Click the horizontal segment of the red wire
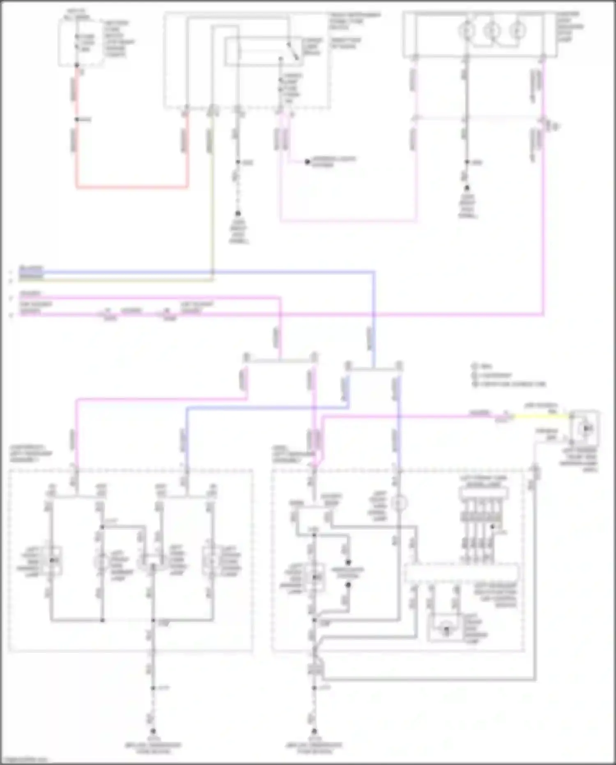131,187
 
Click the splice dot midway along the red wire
77,120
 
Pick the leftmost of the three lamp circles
467,30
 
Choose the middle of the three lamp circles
492,30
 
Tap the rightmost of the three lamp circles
517,30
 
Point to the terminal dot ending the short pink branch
307,162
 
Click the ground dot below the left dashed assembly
153,731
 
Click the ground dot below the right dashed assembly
314,731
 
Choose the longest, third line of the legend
509,384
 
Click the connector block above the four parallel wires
484,492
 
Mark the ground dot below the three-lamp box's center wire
467,188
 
